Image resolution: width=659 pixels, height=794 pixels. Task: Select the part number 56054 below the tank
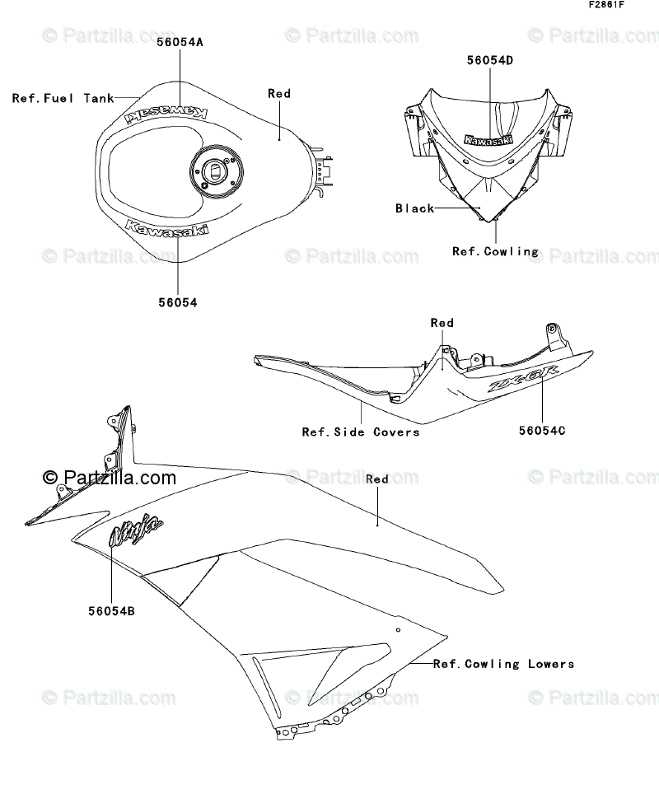pos(178,302)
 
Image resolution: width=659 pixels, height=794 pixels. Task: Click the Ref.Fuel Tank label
pos(63,98)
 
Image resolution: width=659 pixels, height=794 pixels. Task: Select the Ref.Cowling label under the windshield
pos(495,251)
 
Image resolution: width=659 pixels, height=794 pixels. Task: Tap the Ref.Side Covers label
pos(360,432)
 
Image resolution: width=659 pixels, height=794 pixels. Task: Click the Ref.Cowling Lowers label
pos(503,663)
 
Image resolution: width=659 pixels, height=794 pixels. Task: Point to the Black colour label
pos(414,208)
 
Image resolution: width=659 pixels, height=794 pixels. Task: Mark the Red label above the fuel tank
pos(279,94)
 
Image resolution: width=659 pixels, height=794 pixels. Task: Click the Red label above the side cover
pos(442,323)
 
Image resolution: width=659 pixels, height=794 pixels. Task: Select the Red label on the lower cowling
pos(376,479)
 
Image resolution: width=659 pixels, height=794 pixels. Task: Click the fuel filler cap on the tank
pos(213,172)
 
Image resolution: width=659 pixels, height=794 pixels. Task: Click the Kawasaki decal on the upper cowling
pos(488,140)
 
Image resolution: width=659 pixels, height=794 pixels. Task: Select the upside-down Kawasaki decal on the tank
pos(166,114)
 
